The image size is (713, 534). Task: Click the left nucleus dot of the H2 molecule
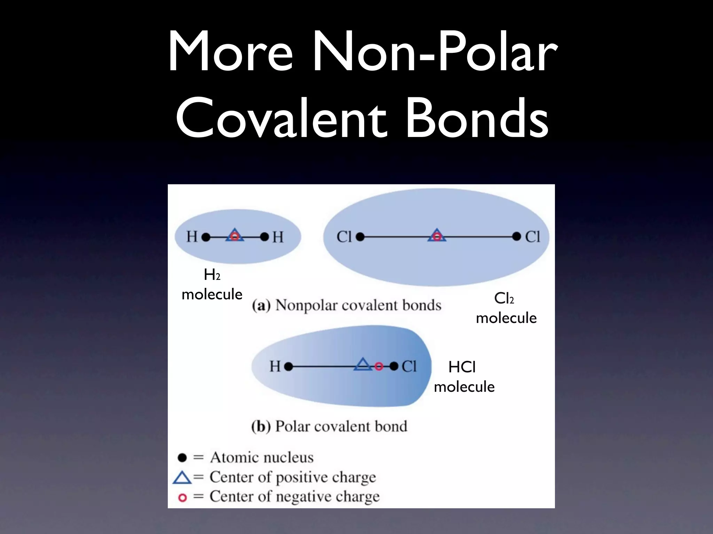(206, 237)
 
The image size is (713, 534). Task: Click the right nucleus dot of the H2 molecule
(265, 237)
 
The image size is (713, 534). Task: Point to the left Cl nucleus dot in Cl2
(360, 237)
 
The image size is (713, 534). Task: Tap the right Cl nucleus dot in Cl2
(517, 237)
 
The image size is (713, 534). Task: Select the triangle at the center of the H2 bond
(235, 235)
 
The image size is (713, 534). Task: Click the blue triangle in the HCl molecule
(363, 364)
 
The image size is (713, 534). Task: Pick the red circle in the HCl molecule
(379, 366)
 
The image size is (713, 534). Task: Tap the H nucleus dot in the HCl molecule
(288, 366)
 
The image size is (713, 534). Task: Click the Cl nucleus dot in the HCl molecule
(394, 366)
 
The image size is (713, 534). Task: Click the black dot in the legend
(182, 458)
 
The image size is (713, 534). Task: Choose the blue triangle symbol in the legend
(182, 478)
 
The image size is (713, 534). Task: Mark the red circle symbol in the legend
(182, 497)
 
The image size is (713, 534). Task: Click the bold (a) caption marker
(261, 306)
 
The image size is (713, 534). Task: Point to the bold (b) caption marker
(261, 427)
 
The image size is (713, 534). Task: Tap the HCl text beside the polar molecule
(462, 367)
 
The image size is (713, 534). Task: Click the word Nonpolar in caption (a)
(306, 306)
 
